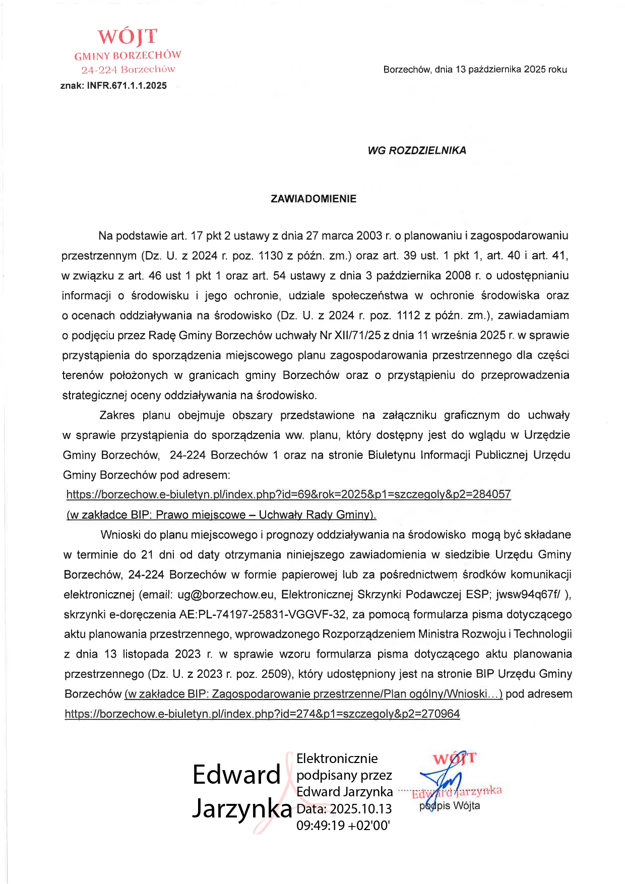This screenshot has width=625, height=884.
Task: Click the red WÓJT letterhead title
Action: pos(127,37)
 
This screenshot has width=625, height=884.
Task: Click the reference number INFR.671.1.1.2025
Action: pos(127,86)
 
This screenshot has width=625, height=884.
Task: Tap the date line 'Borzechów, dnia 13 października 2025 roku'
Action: pos(475,70)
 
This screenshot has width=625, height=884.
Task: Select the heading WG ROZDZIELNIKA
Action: pos(417,150)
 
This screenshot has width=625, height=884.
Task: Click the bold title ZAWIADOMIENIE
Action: pos(313,199)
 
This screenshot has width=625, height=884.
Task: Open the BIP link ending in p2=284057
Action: pos(288,494)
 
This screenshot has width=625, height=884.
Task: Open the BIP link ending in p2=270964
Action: pos(262,714)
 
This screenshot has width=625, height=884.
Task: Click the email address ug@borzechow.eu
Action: pos(225,594)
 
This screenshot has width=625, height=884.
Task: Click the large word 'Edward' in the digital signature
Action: pos(236,775)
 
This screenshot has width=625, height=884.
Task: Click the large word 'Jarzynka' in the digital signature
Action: pos(242,808)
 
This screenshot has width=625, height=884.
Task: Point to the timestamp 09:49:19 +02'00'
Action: pos(343,825)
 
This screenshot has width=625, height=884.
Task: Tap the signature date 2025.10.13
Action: pos(361,808)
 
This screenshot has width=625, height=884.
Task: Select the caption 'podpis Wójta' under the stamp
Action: pos(450,805)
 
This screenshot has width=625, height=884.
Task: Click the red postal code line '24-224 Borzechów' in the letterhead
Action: pos(128,70)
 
